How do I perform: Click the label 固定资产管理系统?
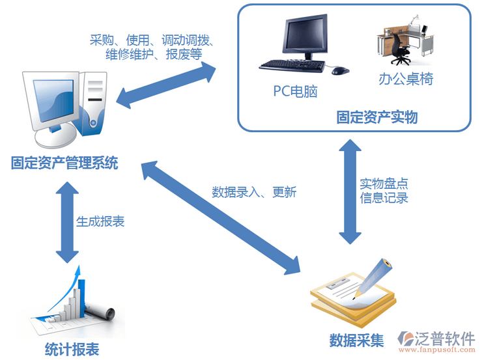[x=64, y=163]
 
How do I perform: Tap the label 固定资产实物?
[x=376, y=117]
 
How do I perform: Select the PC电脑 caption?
[x=295, y=91]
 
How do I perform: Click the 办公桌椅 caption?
[x=406, y=79]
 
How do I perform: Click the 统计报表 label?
[x=72, y=350]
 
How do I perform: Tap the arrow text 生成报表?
[x=100, y=221]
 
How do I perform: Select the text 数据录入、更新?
[x=254, y=192]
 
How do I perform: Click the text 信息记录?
[x=384, y=198]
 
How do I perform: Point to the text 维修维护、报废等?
[x=154, y=55]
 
